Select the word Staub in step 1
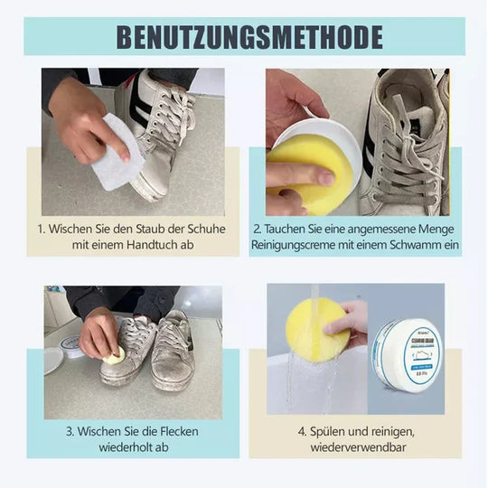click(x=149, y=229)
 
